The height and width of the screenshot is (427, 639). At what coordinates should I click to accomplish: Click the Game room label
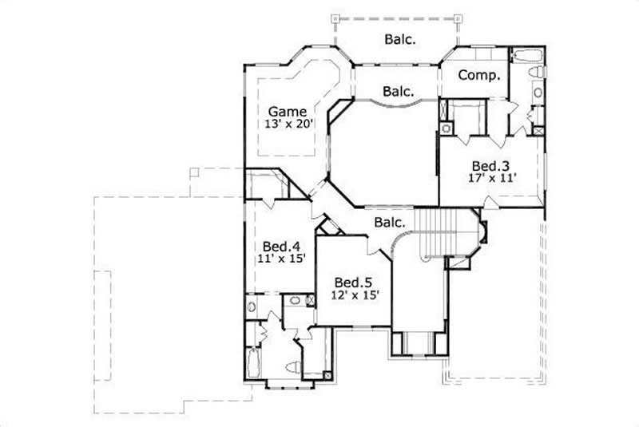point(287,111)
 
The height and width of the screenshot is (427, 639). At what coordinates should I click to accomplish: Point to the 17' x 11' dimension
point(492,179)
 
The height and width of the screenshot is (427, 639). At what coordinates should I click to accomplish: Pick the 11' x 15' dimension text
point(280,259)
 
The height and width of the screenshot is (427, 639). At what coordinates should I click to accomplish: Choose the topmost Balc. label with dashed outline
point(399,38)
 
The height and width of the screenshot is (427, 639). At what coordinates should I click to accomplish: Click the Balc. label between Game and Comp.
point(398,92)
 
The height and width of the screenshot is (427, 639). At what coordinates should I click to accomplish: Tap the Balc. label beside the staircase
point(391,224)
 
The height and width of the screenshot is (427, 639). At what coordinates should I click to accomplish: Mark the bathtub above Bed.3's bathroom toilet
point(528,55)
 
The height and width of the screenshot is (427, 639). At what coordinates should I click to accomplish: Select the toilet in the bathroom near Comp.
point(537,73)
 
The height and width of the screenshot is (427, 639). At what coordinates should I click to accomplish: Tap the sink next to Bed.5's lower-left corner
point(295,301)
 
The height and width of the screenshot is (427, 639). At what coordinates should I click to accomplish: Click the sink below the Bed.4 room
point(252,306)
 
